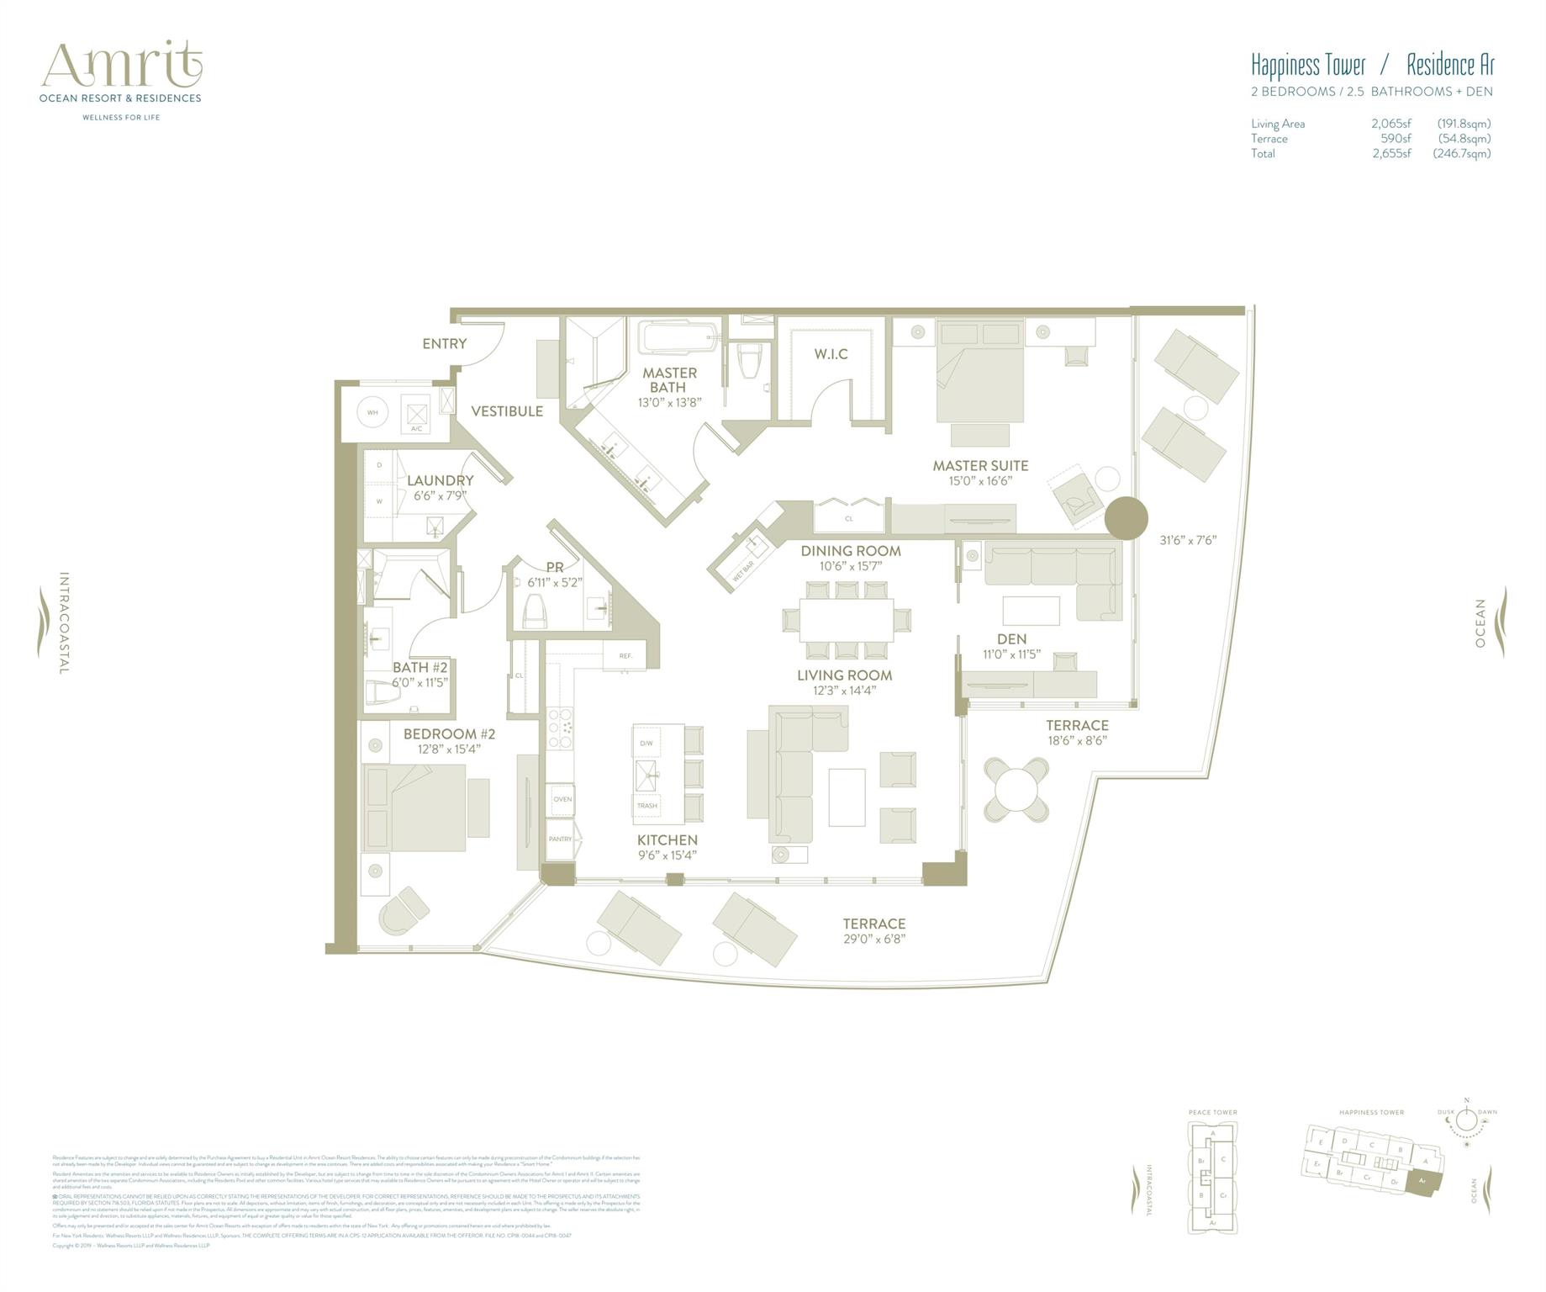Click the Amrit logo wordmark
point(122,65)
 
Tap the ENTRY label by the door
point(444,343)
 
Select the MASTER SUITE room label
point(980,465)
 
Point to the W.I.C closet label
point(831,354)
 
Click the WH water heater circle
point(372,412)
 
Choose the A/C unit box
point(416,415)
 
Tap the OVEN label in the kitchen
point(562,799)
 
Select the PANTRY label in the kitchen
point(560,839)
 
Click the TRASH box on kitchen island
point(646,806)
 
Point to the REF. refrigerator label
point(625,655)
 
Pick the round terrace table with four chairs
point(1016,788)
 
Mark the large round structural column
point(1125,518)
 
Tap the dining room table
point(846,620)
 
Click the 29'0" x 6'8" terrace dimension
point(874,939)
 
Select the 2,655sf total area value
point(1391,153)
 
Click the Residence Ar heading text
point(1450,65)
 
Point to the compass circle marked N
point(1467,1120)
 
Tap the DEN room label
point(1011,639)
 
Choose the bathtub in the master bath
point(678,339)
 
